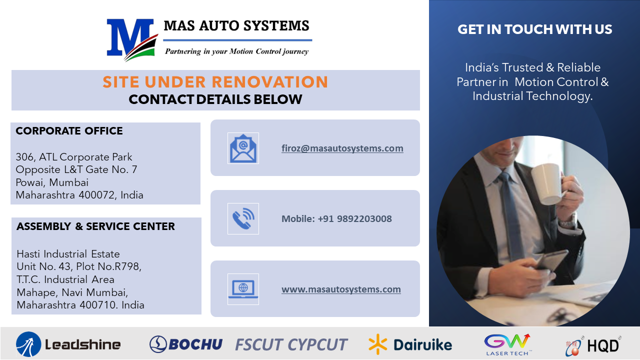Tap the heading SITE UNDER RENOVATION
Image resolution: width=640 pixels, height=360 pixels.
215,82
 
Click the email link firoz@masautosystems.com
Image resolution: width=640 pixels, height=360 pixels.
342,148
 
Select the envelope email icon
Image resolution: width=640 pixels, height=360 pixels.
243,148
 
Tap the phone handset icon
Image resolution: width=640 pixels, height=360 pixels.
243,218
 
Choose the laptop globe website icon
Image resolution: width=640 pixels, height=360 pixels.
243,289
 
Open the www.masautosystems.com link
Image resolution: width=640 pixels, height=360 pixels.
341,289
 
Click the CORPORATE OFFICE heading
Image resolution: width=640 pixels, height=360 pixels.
69,131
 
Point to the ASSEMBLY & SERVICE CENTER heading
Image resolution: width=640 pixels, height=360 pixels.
95,226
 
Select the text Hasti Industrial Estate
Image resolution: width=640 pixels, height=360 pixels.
68,254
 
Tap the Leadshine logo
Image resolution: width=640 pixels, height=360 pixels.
68,344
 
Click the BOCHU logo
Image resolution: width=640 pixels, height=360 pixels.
186,344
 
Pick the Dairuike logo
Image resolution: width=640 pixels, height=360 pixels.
410,344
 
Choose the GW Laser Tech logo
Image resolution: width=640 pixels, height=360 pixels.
507,344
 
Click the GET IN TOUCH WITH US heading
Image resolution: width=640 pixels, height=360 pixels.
534,29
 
